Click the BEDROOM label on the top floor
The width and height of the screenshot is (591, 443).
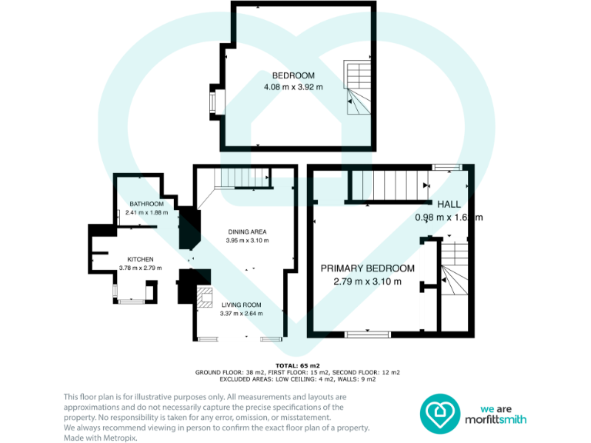click(293, 75)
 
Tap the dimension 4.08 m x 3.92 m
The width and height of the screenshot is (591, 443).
click(293, 87)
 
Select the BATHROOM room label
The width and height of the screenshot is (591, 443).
click(145, 204)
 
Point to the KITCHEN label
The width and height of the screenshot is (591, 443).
click(140, 259)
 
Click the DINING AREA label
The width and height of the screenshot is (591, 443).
click(247, 231)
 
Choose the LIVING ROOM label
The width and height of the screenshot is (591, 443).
click(241, 305)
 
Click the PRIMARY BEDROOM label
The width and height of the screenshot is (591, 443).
click(367, 268)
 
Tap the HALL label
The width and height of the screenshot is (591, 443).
click(449, 205)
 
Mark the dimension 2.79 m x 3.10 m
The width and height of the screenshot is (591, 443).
click(367, 281)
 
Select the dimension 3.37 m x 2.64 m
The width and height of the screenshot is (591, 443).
click(241, 314)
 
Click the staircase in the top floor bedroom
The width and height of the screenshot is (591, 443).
click(357, 88)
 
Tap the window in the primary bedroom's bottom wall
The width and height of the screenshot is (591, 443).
click(366, 334)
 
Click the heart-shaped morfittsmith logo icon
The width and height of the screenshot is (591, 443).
click(439, 412)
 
